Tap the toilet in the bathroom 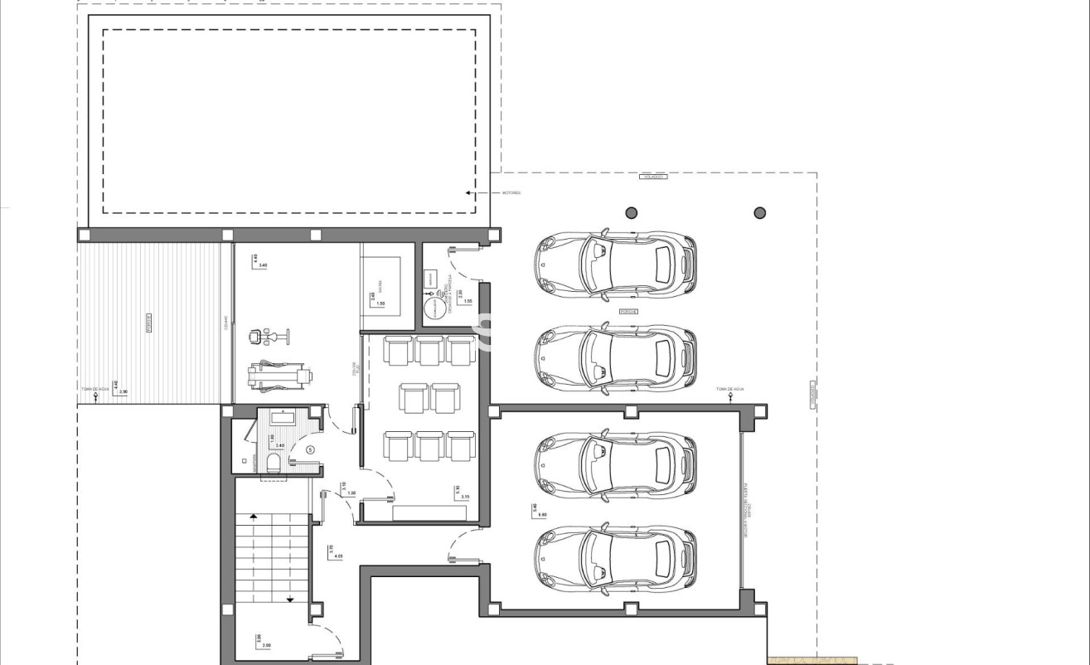click(273, 462)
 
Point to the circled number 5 click(310, 449)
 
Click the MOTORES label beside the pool click(511, 192)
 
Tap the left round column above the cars click(632, 213)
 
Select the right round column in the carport click(759, 213)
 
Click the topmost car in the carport click(615, 264)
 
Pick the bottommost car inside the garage click(615, 558)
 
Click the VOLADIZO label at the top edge click(653, 177)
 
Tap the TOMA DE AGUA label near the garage click(730, 389)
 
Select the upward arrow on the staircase click(254, 516)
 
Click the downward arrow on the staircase click(290, 599)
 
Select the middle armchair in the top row click(429, 350)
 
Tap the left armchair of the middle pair click(414, 397)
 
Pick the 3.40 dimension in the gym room click(264, 265)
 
